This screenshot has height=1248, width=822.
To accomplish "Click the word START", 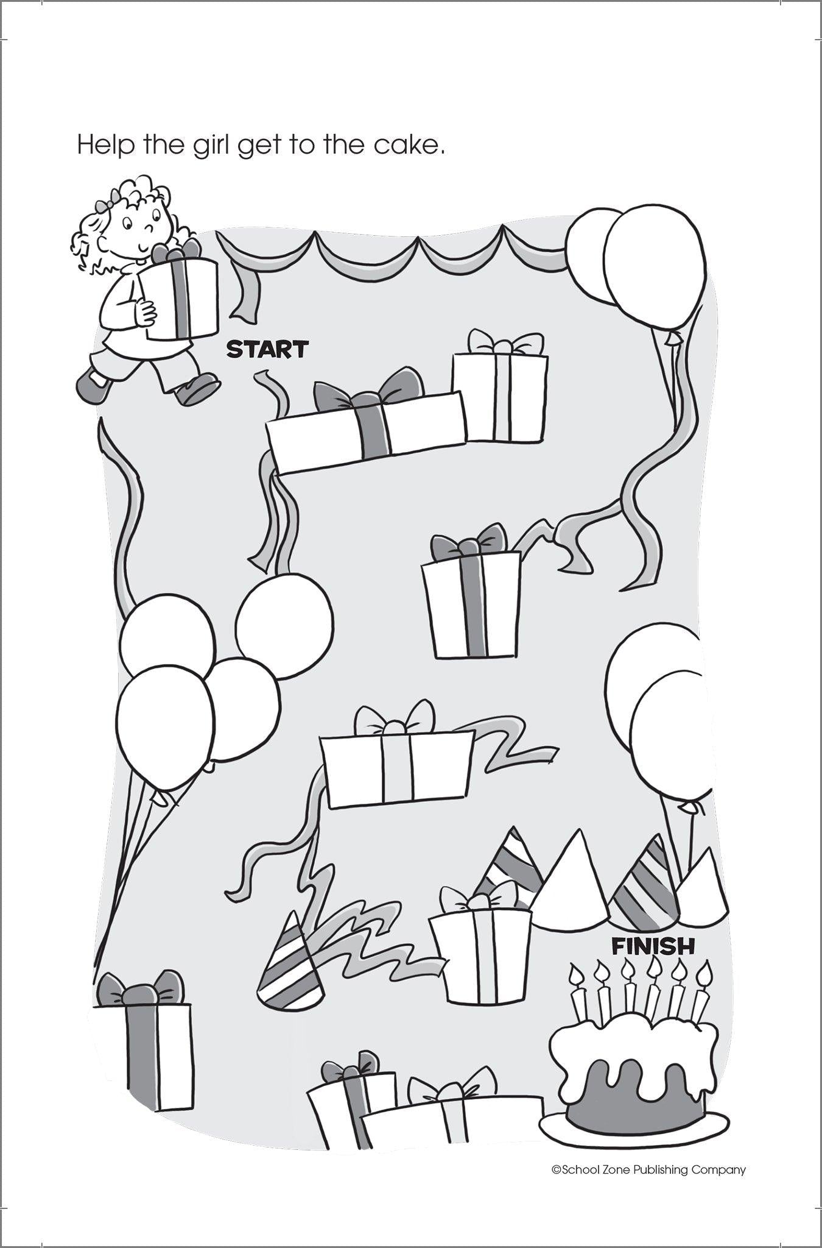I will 267,349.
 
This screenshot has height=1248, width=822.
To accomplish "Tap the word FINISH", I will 653,946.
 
